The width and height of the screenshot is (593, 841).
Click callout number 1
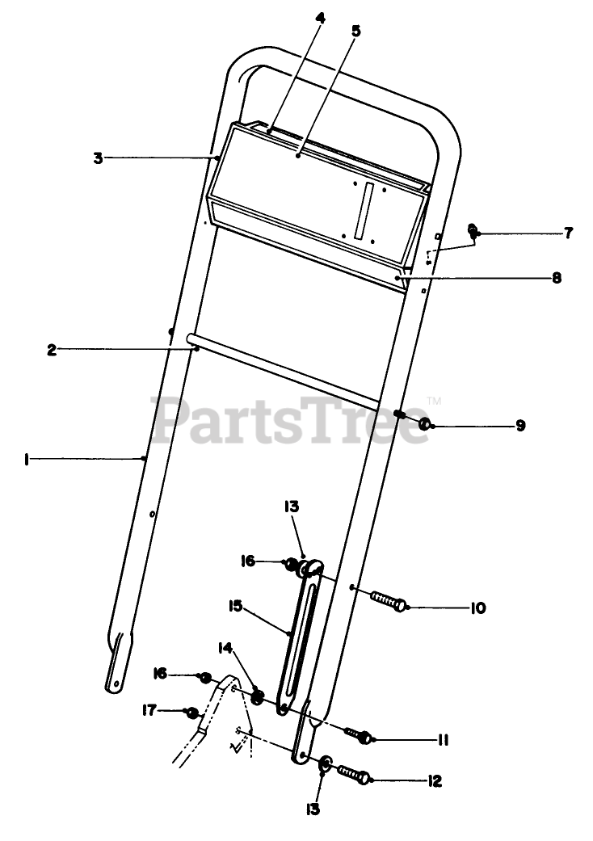[27, 459]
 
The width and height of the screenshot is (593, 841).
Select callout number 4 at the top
[321, 17]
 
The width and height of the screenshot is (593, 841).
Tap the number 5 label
[356, 32]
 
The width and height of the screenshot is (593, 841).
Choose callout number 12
[435, 780]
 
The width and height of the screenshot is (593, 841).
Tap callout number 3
[98, 158]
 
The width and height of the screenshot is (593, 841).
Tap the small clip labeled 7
[473, 233]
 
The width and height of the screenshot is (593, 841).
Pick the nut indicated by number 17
[192, 713]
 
